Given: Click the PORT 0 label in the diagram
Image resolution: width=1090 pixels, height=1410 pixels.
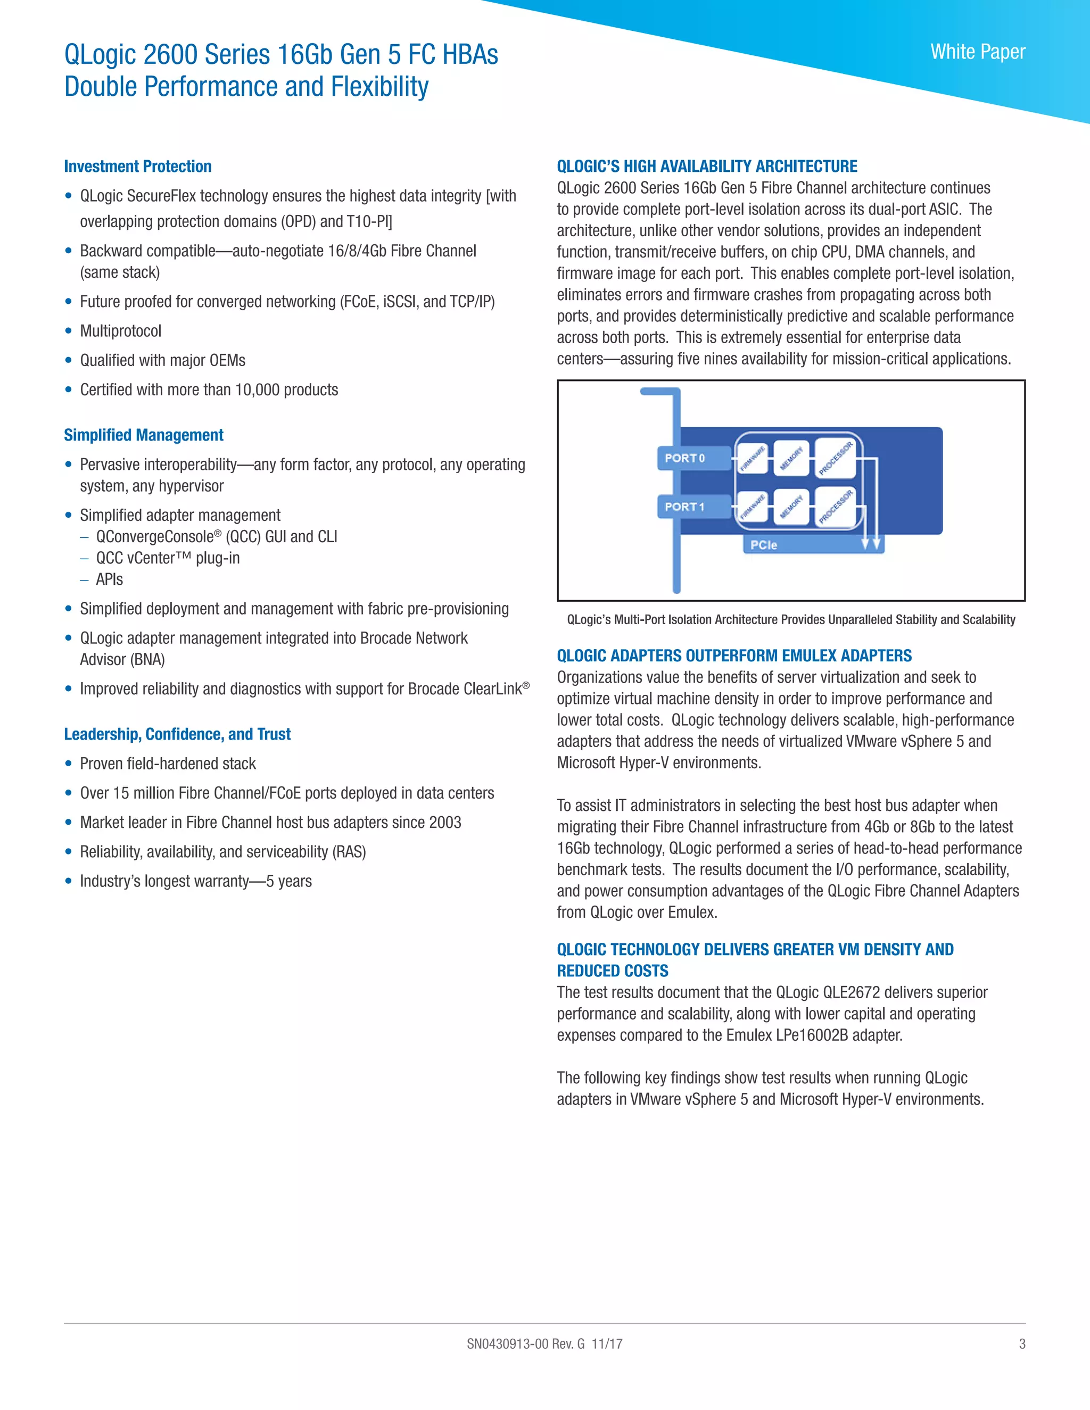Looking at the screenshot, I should tap(685, 458).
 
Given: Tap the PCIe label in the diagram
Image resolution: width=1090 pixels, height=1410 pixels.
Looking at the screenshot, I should tap(763, 545).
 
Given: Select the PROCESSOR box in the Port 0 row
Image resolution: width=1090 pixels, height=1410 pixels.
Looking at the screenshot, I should tap(836, 458).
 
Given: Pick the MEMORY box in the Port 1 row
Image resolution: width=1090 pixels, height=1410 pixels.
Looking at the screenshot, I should tap(791, 507).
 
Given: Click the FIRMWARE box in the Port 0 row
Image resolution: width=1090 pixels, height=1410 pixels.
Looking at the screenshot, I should tap(752, 458).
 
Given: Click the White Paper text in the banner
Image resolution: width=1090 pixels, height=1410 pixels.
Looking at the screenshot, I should tap(978, 52).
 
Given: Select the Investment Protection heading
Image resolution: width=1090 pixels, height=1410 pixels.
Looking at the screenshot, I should tap(137, 167).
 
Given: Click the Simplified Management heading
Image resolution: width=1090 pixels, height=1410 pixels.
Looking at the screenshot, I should tap(143, 435).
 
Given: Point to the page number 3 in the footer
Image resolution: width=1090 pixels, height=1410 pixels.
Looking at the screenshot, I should tap(1021, 1343).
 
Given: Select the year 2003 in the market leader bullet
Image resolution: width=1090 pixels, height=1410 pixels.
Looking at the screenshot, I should tap(445, 823).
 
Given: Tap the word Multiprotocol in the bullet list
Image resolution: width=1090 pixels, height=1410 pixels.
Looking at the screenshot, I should tap(121, 331).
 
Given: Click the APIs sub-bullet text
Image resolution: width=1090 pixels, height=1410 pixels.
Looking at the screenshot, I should tap(109, 580).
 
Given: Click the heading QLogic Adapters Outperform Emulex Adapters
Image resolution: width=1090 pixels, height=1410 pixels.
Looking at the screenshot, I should tap(734, 656).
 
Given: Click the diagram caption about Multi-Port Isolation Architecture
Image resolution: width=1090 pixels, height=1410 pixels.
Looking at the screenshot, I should tap(791, 620).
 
